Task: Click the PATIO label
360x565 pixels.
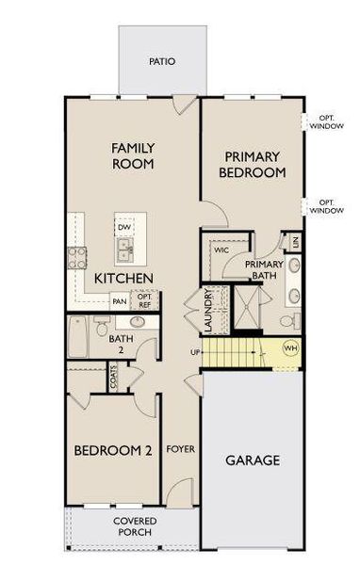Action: pos(162,61)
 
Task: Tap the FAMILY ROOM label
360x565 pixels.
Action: pos(133,156)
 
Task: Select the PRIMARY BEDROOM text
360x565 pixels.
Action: pos(252,165)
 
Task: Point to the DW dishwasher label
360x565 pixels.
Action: pos(123,227)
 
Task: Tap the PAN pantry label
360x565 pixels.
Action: pos(120,301)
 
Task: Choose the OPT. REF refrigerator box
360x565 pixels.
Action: pos(145,301)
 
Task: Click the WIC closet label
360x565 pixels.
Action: pos(221,251)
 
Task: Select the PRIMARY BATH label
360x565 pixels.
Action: pos(265,270)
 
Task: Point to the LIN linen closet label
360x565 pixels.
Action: pos(295,242)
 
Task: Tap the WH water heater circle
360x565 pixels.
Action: pos(290,348)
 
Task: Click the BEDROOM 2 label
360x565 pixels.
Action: pos(113,451)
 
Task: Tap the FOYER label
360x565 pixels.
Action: pos(180,449)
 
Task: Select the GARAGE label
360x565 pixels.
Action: pos(253,460)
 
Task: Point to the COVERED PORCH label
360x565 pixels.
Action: pos(135,526)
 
